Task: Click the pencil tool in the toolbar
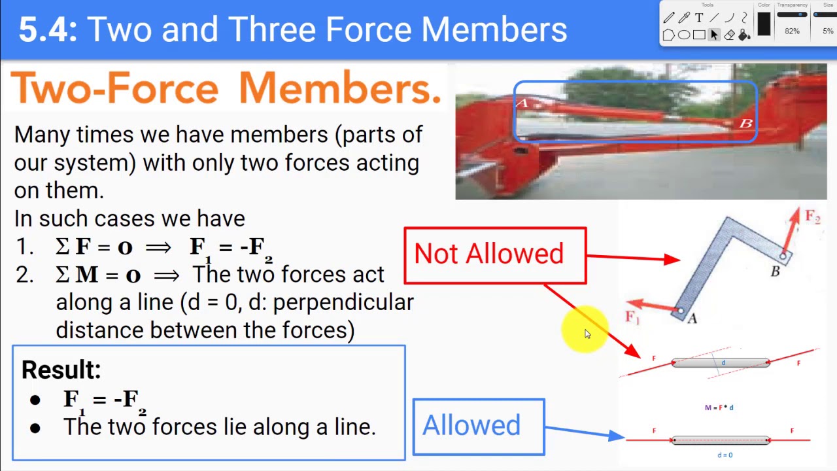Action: point(669,18)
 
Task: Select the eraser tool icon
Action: point(729,35)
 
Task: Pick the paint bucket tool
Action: point(744,35)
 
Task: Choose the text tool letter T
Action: point(699,18)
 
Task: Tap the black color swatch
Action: point(764,25)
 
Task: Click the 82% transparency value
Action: point(792,31)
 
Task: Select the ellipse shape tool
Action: point(683,35)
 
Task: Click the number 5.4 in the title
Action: point(47,30)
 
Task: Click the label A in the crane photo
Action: point(522,103)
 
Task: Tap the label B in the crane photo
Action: point(745,123)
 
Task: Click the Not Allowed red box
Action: point(495,255)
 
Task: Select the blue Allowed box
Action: point(479,427)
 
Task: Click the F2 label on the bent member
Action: point(812,217)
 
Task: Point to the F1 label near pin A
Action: point(632,317)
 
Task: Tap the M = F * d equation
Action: point(719,408)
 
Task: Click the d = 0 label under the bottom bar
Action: point(725,455)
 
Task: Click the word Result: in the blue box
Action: point(61,370)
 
